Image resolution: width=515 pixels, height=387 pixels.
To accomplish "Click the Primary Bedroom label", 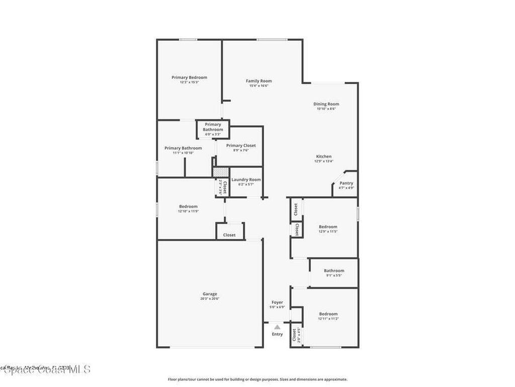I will click(x=189, y=78).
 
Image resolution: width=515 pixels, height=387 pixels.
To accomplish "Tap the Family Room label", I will click(x=259, y=81).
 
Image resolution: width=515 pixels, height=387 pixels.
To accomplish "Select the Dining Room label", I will click(x=326, y=104).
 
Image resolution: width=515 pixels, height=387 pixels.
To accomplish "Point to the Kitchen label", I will click(x=323, y=157).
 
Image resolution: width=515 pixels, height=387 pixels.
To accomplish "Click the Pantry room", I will click(x=346, y=185).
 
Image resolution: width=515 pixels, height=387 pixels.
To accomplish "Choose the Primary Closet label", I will click(x=240, y=146).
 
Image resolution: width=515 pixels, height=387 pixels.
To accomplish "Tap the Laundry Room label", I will click(x=246, y=180).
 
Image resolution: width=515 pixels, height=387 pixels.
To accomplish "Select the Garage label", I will click(x=210, y=294).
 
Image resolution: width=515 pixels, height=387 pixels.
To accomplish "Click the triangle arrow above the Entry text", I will click(x=277, y=327).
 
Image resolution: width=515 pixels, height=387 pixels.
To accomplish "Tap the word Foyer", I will click(x=277, y=303).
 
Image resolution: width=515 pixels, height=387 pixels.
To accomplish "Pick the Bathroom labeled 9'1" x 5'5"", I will click(x=334, y=273).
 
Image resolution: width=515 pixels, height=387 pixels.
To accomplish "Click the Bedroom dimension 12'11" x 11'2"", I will click(x=328, y=319).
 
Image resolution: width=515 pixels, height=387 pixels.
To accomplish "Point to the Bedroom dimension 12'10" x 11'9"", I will click(x=188, y=212).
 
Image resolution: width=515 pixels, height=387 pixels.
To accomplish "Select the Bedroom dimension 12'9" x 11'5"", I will click(x=328, y=232).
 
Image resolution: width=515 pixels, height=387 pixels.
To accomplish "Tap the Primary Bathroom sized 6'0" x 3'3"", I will click(x=213, y=130).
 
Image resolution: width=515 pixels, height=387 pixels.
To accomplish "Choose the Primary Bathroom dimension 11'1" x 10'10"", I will click(x=183, y=153).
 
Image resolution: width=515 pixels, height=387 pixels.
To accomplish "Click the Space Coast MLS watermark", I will click(x=45, y=369).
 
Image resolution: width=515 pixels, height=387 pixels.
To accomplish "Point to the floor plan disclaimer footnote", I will click(x=257, y=379).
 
